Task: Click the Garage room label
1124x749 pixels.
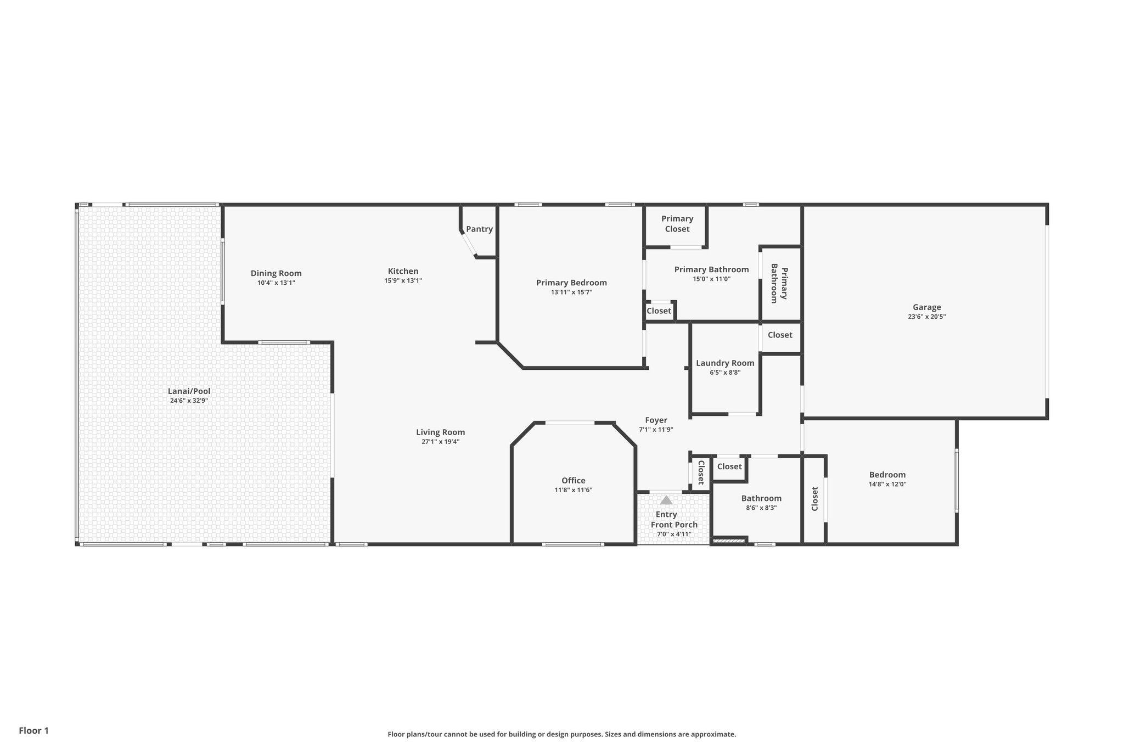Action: tap(926, 307)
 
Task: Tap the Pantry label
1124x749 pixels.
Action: tap(479, 229)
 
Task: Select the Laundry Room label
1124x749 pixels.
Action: tap(725, 363)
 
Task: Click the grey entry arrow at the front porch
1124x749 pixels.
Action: tap(666, 500)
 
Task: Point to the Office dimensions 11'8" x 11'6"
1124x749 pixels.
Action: tap(573, 490)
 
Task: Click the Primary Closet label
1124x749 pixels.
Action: tap(677, 224)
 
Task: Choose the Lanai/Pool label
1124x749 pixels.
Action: tap(189, 391)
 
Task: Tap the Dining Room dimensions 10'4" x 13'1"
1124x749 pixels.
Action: tap(276, 283)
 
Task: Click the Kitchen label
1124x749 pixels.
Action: tap(403, 271)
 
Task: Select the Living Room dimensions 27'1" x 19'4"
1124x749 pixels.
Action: tap(440, 442)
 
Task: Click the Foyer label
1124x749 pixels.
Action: tap(656, 420)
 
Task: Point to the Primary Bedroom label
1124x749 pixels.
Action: tap(571, 283)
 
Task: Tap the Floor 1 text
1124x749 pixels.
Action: tap(34, 730)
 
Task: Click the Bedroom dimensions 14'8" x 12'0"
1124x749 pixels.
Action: tap(887, 485)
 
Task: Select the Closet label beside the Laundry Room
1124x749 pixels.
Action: tap(779, 335)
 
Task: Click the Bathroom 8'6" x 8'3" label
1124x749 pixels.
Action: tap(761, 498)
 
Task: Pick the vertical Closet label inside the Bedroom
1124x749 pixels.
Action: tap(814, 499)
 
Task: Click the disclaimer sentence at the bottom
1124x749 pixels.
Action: tap(561, 734)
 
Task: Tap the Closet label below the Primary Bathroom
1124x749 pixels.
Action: tap(659, 311)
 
